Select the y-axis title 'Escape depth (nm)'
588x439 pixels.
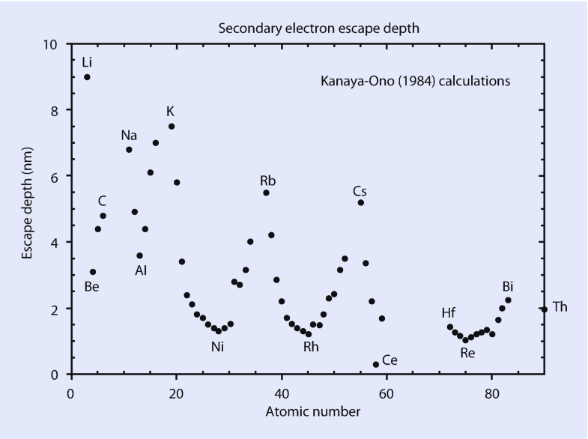click(x=27, y=209)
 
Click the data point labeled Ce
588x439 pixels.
click(x=376, y=364)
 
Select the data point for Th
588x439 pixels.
click(x=545, y=309)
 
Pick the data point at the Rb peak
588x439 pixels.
click(x=266, y=193)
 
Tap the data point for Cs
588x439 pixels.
click(x=361, y=202)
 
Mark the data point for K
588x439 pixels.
click(x=172, y=126)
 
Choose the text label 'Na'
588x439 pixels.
click(x=129, y=136)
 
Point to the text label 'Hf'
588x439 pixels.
click(x=449, y=313)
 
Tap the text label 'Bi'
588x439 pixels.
click(x=508, y=286)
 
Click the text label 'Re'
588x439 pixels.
click(x=467, y=352)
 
